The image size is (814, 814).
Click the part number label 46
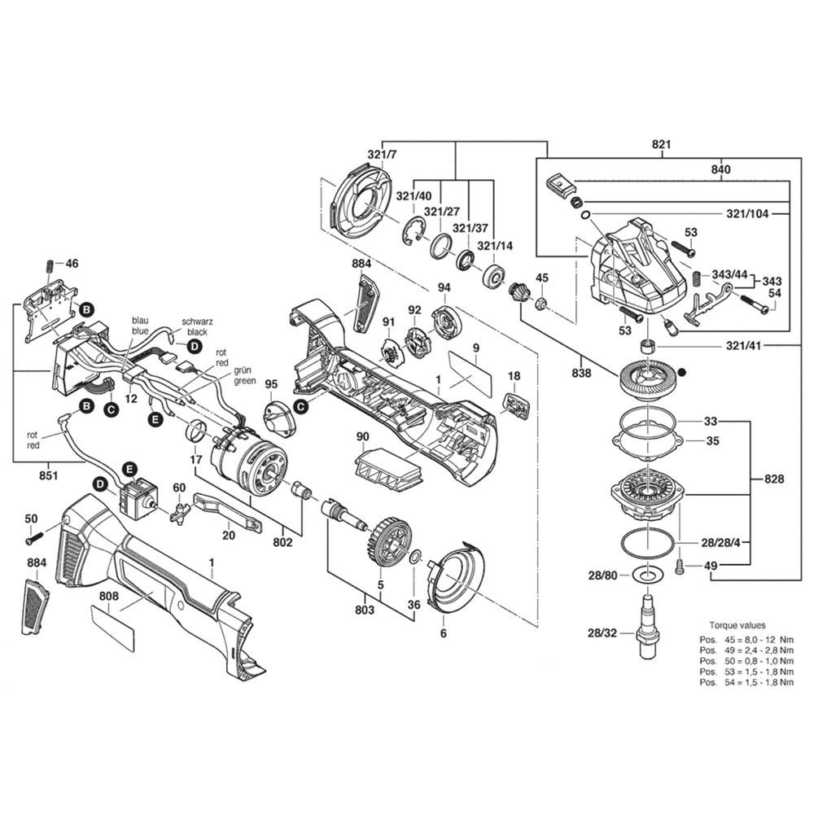[72, 263]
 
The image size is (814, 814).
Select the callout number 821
[661, 145]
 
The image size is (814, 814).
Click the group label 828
[774, 479]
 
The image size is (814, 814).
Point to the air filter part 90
[388, 472]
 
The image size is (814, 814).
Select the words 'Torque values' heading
[737, 626]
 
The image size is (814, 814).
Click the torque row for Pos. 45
[741, 639]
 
